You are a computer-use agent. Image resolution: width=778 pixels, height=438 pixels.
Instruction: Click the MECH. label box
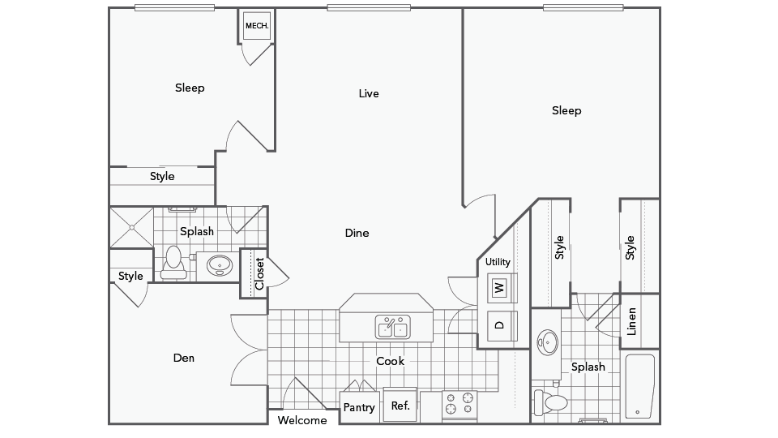[x=257, y=26]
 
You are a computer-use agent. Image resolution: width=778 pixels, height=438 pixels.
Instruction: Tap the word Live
[x=369, y=93]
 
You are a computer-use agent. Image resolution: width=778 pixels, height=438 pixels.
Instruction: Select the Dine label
[x=357, y=233]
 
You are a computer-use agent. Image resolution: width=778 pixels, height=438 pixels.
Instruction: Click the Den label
[x=184, y=358]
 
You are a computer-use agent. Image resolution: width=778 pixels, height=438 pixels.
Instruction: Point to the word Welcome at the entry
[x=302, y=420]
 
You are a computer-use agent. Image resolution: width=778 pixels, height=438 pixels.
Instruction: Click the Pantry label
[x=359, y=407]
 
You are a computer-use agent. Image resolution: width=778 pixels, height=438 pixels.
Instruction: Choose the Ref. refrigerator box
[x=400, y=405]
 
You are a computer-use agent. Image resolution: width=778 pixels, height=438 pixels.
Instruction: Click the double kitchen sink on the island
[x=392, y=327]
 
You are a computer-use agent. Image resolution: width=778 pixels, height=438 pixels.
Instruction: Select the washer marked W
[x=500, y=287]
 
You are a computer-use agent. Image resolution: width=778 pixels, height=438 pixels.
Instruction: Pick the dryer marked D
[x=500, y=326]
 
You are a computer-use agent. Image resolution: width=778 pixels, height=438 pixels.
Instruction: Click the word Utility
[x=498, y=262]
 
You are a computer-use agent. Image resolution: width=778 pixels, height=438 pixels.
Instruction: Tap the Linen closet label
[x=631, y=321]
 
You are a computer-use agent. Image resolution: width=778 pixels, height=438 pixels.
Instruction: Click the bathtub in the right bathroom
[x=639, y=386]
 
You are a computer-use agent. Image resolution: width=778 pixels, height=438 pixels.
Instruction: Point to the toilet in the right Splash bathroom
[x=550, y=402]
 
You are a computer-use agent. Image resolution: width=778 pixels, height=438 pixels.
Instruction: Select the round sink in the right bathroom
[x=548, y=341]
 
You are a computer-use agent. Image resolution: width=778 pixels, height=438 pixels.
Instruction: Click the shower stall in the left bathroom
[x=131, y=227]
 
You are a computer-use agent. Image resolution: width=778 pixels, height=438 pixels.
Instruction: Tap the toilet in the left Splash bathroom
[x=173, y=263]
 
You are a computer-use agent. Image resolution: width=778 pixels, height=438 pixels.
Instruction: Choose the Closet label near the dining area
[x=259, y=273]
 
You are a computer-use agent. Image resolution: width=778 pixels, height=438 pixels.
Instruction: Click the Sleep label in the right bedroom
[x=566, y=110]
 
